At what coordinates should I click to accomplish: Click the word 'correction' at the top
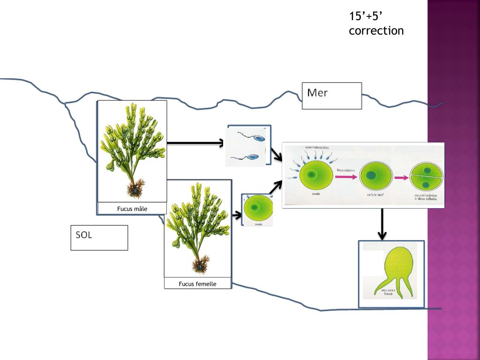[x=376, y=31]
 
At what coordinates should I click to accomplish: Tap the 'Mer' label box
[x=331, y=96]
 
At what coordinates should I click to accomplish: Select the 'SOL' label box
[x=99, y=238]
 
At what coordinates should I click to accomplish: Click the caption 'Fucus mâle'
[x=132, y=209]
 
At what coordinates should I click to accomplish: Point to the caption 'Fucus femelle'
[x=197, y=284]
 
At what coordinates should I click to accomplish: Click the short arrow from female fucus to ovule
[x=237, y=215]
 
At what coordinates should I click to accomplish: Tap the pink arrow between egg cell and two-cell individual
[x=401, y=178]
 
